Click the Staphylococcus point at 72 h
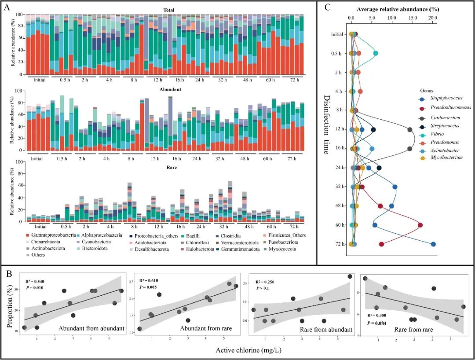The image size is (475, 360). [x=433, y=244]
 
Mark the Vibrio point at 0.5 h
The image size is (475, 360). [x=376, y=53]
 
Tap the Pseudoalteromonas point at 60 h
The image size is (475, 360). [x=420, y=225]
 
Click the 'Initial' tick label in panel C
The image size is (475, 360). [x=338, y=34]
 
